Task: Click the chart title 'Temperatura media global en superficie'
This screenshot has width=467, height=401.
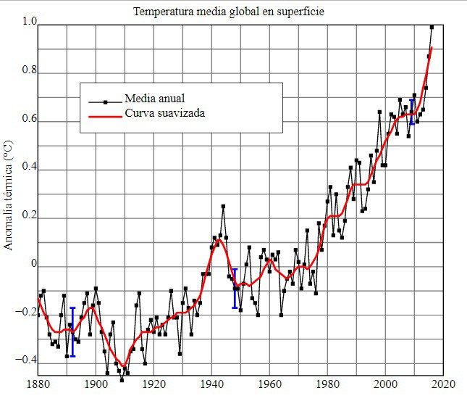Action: pos(229,12)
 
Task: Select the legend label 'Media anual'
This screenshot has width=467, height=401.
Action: pos(155,99)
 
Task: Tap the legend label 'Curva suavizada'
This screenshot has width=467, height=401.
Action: pos(164,114)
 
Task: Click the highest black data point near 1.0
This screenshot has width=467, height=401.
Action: pos(432,27)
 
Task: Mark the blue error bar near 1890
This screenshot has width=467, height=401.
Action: pos(72,332)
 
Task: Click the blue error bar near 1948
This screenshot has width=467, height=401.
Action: pos(235,289)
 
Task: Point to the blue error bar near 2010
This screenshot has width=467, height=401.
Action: pos(413,112)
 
